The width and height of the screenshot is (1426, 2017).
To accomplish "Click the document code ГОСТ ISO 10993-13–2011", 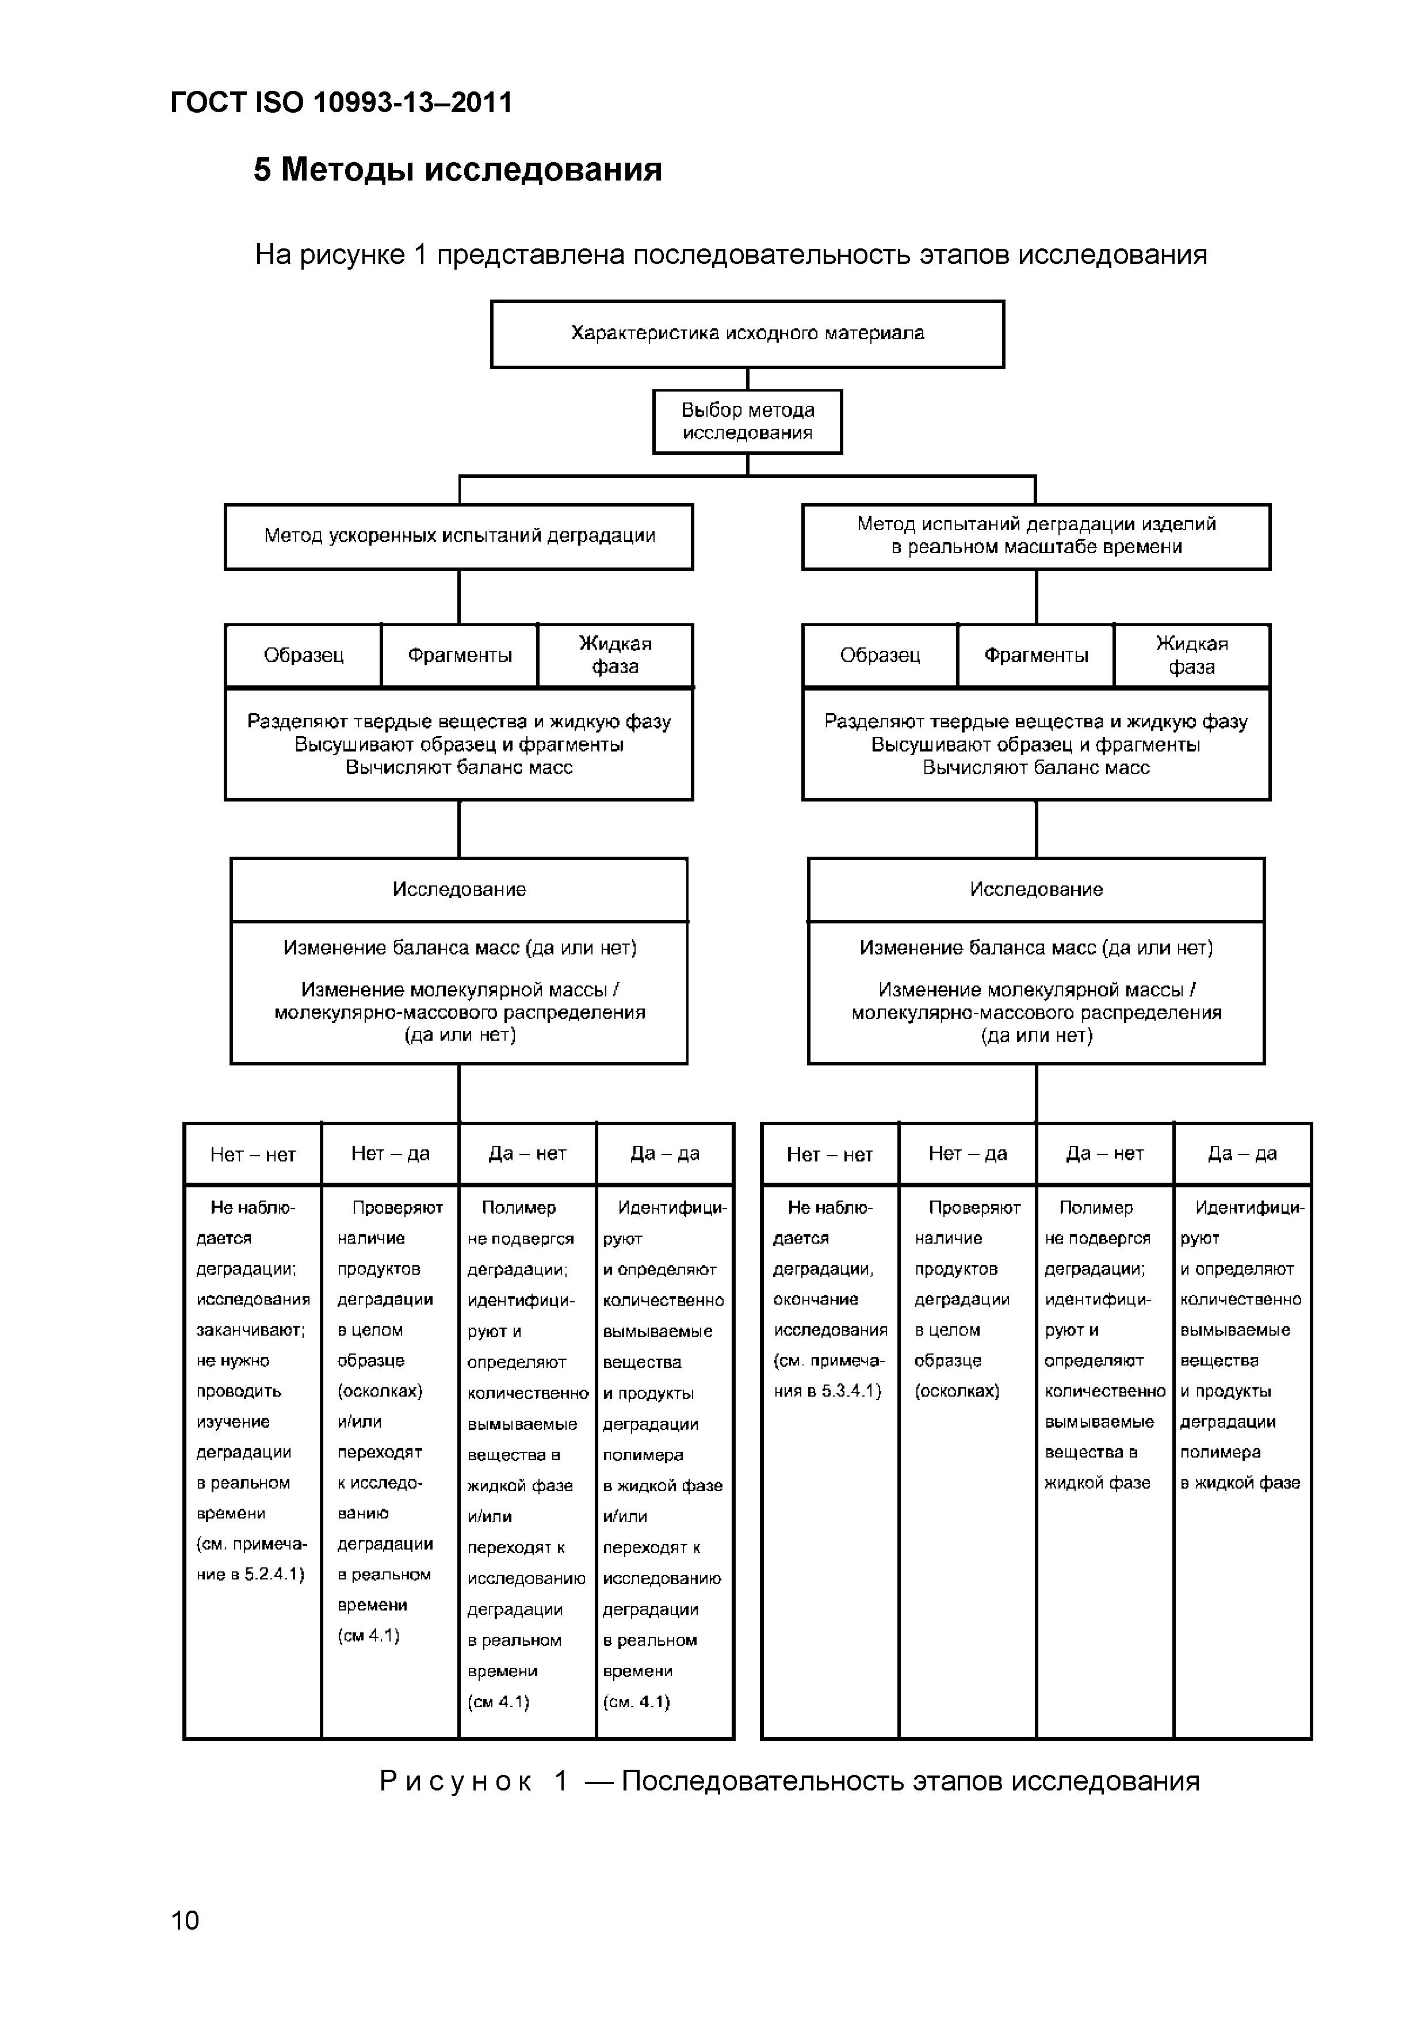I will [341, 103].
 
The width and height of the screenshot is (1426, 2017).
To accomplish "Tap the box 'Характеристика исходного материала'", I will [747, 334].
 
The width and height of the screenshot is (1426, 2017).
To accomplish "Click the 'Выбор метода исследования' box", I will [747, 421].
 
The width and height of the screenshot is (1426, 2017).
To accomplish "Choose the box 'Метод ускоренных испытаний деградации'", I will [458, 536].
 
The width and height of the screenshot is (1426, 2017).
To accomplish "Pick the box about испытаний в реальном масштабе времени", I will [1036, 536].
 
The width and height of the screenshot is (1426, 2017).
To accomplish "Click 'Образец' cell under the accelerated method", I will [303, 655].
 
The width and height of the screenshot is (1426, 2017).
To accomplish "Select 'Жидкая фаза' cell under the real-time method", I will [1191, 655].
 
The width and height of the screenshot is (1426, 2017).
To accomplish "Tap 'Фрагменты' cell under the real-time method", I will [1036, 655].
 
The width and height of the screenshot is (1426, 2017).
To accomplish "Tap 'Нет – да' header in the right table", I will [968, 1153].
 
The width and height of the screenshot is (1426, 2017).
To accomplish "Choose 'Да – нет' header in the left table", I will [527, 1153].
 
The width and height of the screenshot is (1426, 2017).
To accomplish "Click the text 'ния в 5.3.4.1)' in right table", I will [827, 1391].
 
